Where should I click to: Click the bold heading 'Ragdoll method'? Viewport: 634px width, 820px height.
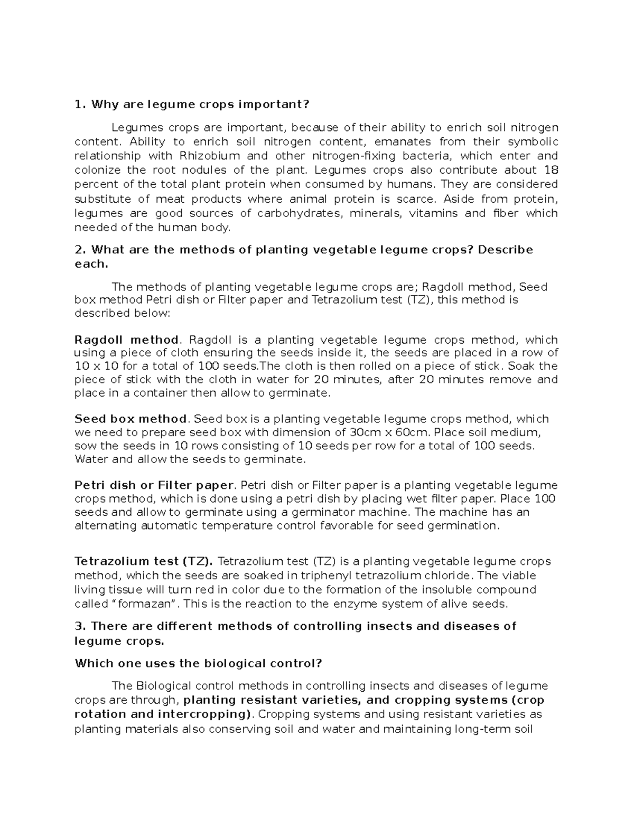pyautogui.click(x=127, y=340)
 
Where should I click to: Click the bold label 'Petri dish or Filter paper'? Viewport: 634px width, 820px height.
pyautogui.click(x=154, y=485)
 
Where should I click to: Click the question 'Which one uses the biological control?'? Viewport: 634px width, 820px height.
pyautogui.click(x=198, y=663)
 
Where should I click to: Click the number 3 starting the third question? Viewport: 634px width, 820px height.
pyautogui.click(x=80, y=626)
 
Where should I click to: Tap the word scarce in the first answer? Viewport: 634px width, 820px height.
pyautogui.click(x=415, y=199)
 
